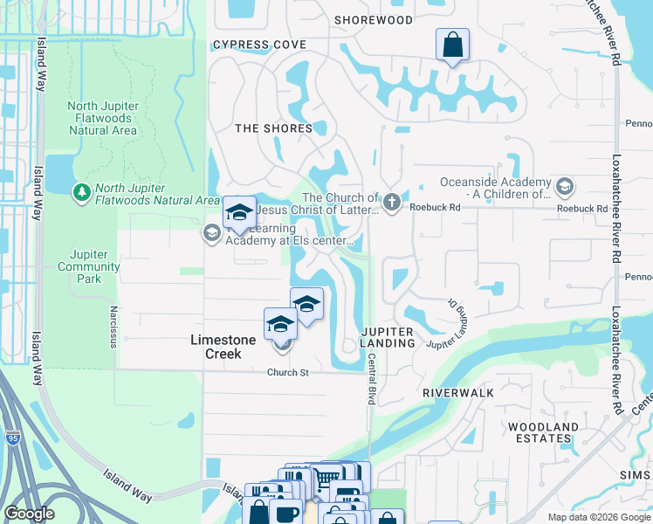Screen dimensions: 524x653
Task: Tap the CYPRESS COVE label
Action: tap(259, 45)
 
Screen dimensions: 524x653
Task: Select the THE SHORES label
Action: tap(273, 128)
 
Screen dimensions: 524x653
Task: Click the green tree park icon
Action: tap(81, 190)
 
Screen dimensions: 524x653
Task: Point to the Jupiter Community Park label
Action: tap(88, 266)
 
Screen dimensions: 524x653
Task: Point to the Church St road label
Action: tap(288, 372)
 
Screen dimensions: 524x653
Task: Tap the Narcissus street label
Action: tap(113, 326)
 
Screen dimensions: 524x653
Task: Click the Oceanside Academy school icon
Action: tap(564, 186)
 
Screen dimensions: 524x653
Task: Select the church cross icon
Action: tap(392, 203)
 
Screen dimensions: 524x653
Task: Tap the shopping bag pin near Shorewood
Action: tap(452, 45)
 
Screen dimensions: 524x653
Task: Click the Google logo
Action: tap(30, 514)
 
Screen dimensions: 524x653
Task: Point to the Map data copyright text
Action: tap(598, 517)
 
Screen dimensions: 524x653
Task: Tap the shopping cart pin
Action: tap(325, 478)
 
